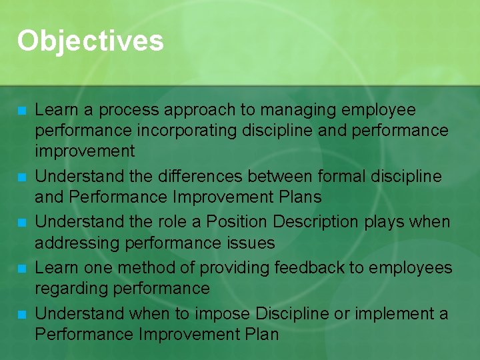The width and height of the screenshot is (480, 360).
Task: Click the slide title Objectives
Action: click(90, 41)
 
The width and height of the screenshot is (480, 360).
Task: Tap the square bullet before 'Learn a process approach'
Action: click(22, 110)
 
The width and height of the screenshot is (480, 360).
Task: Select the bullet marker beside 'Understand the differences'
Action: click(22, 177)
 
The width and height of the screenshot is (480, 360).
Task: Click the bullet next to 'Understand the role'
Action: click(22, 223)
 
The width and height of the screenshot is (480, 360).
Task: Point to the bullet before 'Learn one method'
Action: click(22, 269)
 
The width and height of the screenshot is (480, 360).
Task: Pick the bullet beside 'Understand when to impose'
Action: click(22, 314)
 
